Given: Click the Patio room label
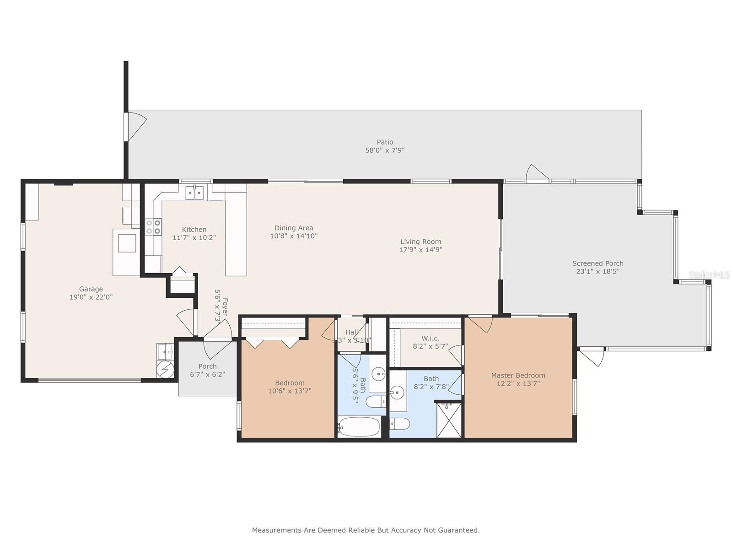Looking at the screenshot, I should (x=385, y=142).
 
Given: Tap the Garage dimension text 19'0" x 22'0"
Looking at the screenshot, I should (x=91, y=297).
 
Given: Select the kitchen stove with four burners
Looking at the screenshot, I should (x=153, y=227).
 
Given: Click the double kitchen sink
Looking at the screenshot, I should (x=194, y=193).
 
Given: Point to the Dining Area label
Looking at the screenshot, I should (x=294, y=228).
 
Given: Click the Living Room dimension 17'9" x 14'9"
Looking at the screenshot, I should (x=420, y=250).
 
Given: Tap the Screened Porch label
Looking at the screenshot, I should (x=597, y=263).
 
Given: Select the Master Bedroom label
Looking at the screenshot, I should (x=518, y=375).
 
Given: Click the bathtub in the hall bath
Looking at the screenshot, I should (x=359, y=427).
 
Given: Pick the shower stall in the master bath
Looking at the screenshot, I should (x=448, y=420).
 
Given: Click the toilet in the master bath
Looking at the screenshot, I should (x=399, y=424).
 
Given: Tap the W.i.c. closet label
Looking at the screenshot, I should (x=430, y=338).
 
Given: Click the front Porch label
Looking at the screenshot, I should (x=207, y=366).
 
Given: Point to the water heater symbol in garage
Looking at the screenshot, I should (x=165, y=369).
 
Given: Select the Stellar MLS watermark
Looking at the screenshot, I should (x=709, y=274).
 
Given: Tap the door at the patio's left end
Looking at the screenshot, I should (x=136, y=126).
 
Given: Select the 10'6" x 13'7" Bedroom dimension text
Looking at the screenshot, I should (x=290, y=391).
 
